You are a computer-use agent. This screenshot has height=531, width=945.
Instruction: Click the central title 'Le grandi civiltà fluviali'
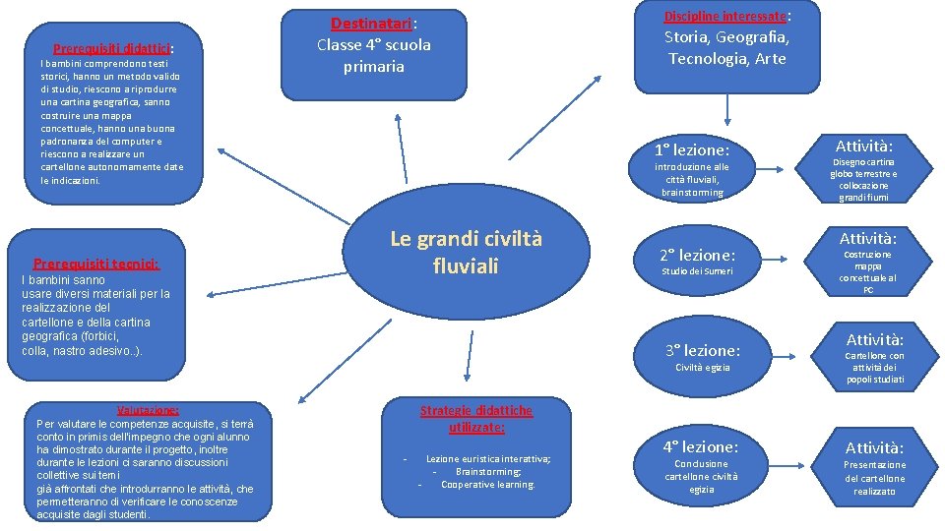coord(466,252)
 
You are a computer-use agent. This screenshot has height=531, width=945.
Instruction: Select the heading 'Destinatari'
coord(372,24)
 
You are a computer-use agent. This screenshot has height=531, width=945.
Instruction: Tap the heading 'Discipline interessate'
coord(726,17)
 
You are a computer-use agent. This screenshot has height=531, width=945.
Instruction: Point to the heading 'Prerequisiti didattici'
coord(115,48)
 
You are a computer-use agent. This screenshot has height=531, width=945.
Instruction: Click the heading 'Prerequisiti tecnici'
coord(95,264)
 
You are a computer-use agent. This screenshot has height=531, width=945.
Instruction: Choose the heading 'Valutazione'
coord(148,410)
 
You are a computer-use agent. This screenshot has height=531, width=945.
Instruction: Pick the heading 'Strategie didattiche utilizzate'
coord(475,419)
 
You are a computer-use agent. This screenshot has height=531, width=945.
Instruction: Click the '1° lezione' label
coord(692,150)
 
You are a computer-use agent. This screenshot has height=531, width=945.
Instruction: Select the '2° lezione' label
coord(697,255)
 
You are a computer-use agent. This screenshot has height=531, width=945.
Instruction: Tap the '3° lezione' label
coord(702,350)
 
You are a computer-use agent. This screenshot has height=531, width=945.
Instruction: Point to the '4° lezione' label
coord(701,446)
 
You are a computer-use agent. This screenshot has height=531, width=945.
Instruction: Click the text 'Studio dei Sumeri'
coord(697,271)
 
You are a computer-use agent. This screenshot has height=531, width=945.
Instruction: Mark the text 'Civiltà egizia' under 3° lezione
coord(702,368)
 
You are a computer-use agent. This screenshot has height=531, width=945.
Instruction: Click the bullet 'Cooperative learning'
coord(487,484)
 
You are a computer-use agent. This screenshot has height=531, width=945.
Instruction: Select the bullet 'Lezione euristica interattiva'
coord(487,459)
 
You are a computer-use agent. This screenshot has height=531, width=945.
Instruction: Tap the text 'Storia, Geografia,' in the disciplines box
coord(726,37)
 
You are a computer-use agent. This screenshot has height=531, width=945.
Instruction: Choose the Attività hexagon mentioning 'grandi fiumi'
coord(863,171)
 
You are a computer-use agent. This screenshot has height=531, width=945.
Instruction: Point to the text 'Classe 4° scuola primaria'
coord(373,55)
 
